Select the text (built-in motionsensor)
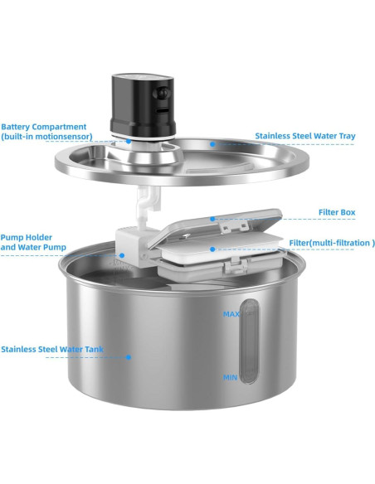click(x=46, y=136)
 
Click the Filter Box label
click(x=336, y=213)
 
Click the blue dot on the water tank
click(x=129, y=357)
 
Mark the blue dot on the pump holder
click(x=122, y=255)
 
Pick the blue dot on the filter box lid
click(x=213, y=220)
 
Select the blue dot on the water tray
click(x=212, y=143)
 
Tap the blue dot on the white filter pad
click(x=213, y=249)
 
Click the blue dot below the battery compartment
click(x=129, y=141)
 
